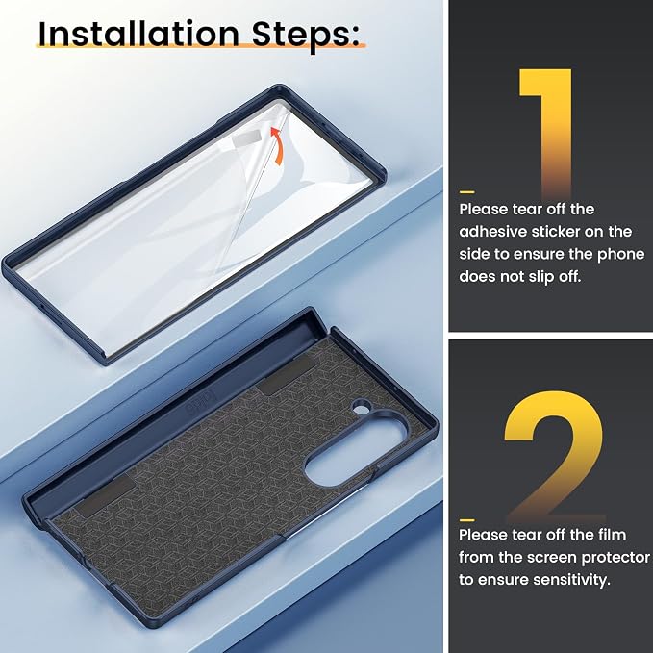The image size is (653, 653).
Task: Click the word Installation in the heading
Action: (x=138, y=34)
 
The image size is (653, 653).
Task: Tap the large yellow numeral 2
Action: (x=554, y=456)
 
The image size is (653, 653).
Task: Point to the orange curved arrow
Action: (x=278, y=146)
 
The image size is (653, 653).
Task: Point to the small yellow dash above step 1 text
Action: (x=466, y=192)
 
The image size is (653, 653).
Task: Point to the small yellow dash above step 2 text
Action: (x=466, y=520)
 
